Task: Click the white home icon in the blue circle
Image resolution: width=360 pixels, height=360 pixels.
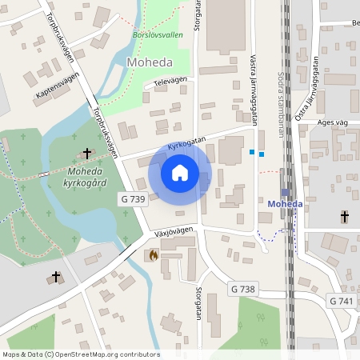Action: click(180, 173)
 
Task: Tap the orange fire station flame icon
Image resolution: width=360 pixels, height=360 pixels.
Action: click(152, 254)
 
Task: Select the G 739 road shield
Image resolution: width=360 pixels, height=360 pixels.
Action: click(134, 198)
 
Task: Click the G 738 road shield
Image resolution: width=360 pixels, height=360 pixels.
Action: click(242, 288)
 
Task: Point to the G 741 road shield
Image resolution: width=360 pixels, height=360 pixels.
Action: click(341, 300)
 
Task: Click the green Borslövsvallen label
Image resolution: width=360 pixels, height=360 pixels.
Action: click(157, 35)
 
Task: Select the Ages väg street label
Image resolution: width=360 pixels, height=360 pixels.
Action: click(332, 122)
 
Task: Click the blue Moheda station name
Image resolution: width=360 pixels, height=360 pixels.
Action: click(285, 203)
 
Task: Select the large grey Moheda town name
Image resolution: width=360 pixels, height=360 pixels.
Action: click(150, 62)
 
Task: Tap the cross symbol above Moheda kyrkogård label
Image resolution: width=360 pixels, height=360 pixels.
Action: click(87, 152)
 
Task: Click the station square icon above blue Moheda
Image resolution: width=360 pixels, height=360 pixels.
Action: click(285, 192)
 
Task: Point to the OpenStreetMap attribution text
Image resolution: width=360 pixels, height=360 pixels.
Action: click(81, 354)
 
